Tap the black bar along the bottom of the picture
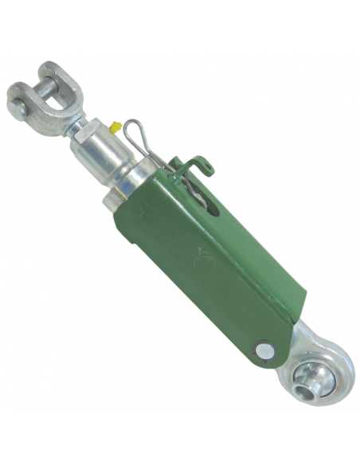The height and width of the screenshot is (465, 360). coord(180,439)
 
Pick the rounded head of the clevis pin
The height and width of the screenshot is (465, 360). coord(18,102)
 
